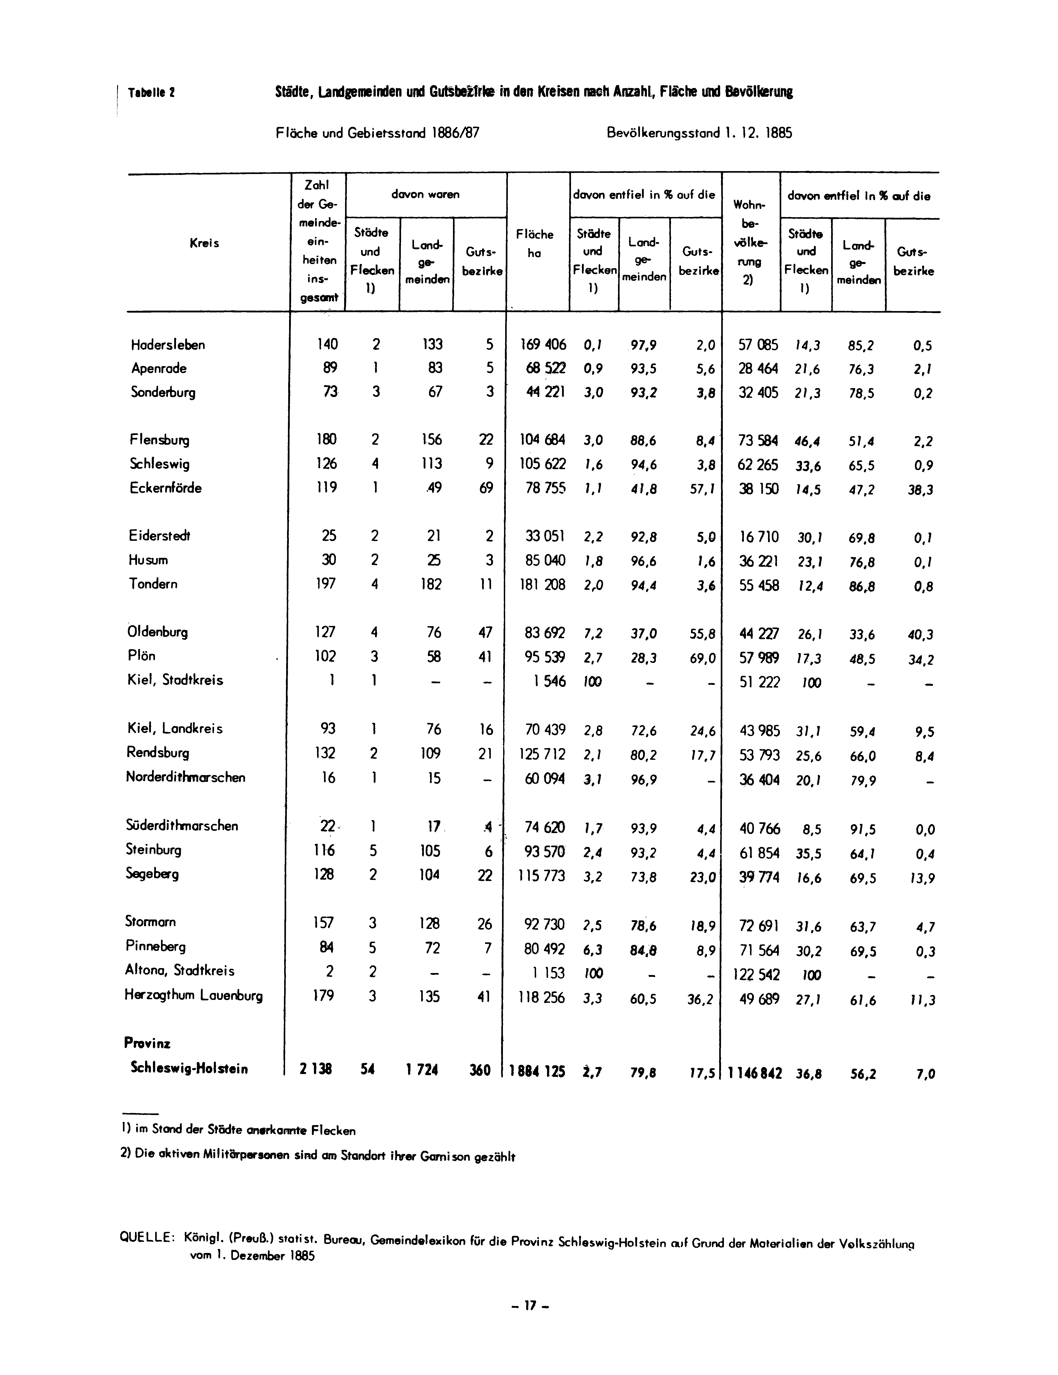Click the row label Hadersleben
click(167, 345)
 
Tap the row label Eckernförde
click(165, 488)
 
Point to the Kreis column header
click(205, 243)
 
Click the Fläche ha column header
click(534, 244)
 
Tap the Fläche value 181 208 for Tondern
click(543, 585)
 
